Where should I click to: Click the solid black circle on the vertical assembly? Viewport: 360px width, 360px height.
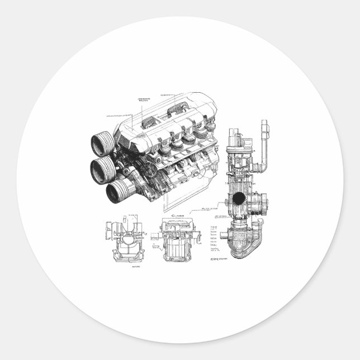tap(239, 198)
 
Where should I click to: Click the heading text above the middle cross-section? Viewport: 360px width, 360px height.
tap(177, 214)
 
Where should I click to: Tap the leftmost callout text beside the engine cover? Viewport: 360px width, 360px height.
tap(114, 115)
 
